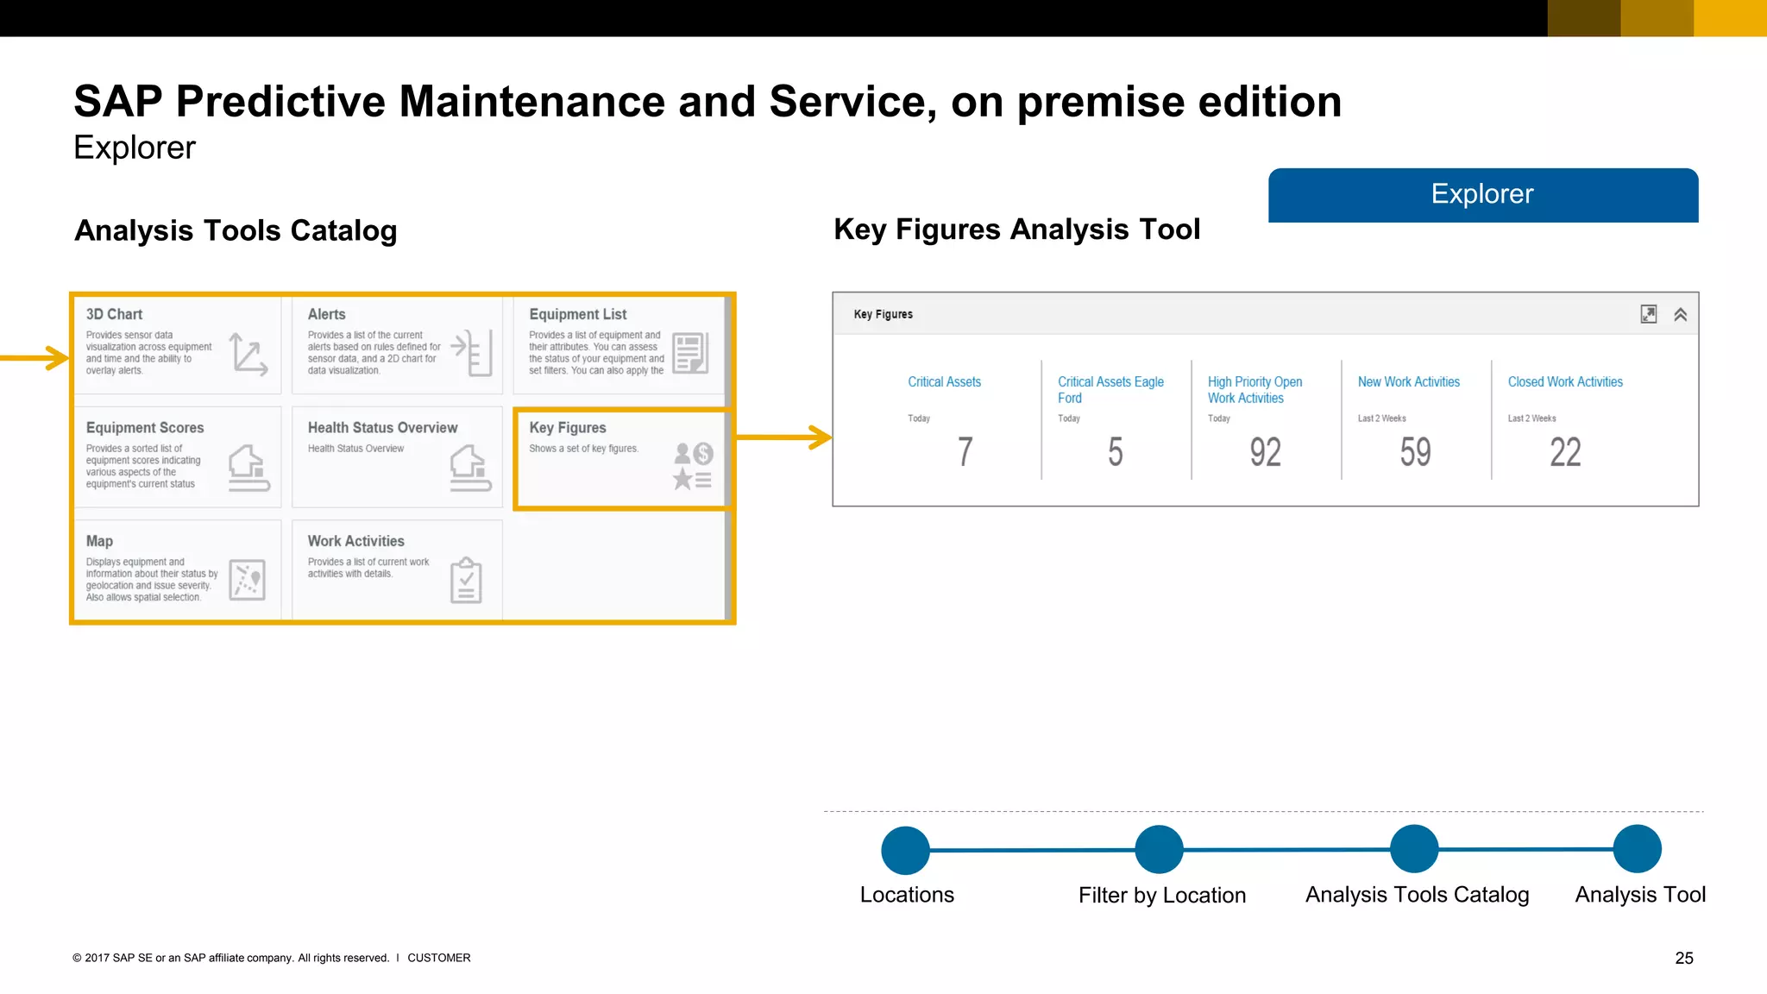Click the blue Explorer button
tap(1482, 195)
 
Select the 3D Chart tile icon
tap(248, 354)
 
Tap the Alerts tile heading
tap(326, 315)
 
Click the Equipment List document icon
tap(690, 353)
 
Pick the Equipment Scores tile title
tap(145, 428)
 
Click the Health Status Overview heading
tap(382, 428)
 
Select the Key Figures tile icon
tap(693, 466)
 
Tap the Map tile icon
tap(247, 580)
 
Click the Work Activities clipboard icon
tap(466, 580)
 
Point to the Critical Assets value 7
tap(965, 452)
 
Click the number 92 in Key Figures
tap(1265, 452)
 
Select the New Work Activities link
tap(1408, 382)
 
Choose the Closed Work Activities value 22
tap(1565, 452)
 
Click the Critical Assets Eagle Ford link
tap(1110, 390)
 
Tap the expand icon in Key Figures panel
tap(1648, 315)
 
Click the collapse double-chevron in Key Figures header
tap(1680, 315)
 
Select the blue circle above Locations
tap(905, 850)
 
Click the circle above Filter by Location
tap(1159, 850)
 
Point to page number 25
tap(1684, 958)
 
